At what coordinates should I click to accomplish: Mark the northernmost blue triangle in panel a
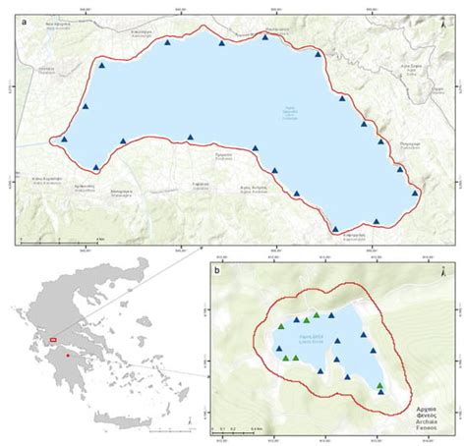pos(265,36)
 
